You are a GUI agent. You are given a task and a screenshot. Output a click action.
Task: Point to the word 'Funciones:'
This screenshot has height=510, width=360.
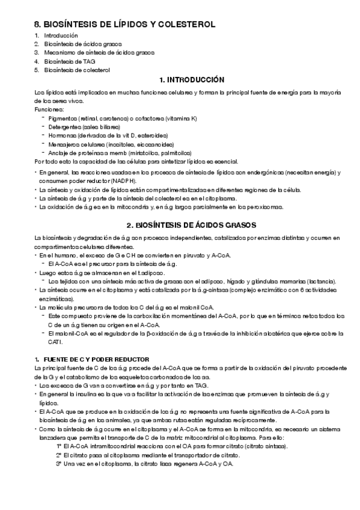point(47,110)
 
